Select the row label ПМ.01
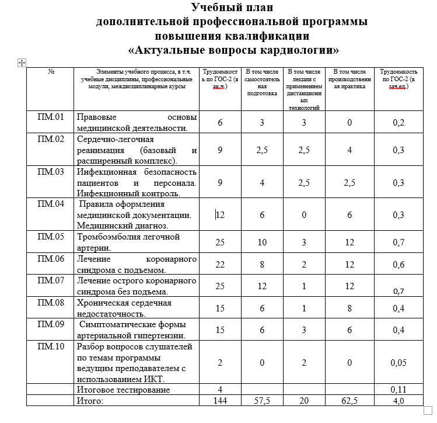50,117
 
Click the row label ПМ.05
50,237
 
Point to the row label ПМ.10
50,347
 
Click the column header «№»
51,71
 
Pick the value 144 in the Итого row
220,401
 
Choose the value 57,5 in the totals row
262,401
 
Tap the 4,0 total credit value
399,401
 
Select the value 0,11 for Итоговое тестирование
399,389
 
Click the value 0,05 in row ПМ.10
399,363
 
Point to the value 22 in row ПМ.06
220,264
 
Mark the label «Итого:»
90,401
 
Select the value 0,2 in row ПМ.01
399,123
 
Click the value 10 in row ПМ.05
262,242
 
